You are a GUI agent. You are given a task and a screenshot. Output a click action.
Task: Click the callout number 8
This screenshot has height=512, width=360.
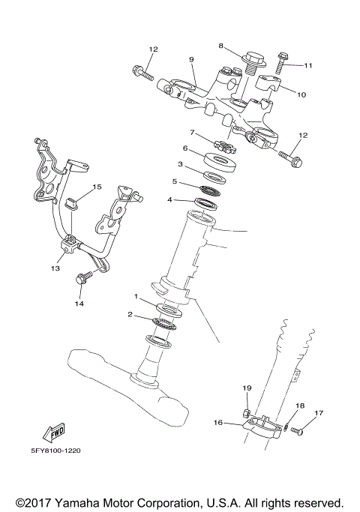[222, 46]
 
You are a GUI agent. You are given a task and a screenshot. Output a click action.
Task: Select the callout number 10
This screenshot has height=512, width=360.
[302, 95]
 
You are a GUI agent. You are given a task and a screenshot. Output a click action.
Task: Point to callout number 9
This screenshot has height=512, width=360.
[191, 59]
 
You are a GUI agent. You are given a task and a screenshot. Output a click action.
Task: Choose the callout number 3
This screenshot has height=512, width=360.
[180, 163]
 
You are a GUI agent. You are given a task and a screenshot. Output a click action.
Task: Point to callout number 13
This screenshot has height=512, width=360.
[55, 265]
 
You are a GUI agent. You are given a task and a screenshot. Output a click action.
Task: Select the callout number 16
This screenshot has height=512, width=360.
[218, 423]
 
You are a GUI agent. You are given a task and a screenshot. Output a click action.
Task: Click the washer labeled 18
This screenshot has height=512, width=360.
[286, 427]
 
